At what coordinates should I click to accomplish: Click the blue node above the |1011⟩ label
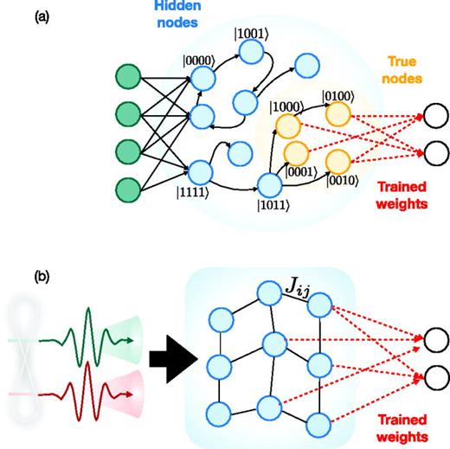[x=271, y=184]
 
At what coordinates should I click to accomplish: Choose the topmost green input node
[x=130, y=76]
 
